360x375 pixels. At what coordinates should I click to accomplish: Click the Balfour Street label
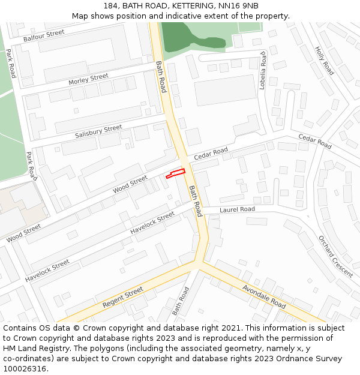(43, 35)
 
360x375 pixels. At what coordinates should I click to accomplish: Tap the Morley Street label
(88, 79)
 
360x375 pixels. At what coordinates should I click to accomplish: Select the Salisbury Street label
(98, 131)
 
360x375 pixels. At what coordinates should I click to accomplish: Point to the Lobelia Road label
(262, 71)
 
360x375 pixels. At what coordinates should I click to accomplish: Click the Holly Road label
(325, 60)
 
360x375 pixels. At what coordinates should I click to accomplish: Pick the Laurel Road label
(237, 209)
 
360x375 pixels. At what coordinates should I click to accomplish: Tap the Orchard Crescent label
(336, 256)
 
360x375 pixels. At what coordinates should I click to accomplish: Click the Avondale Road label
(264, 296)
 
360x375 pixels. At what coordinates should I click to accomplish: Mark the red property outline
(175, 174)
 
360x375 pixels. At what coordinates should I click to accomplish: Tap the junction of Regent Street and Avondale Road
(199, 262)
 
